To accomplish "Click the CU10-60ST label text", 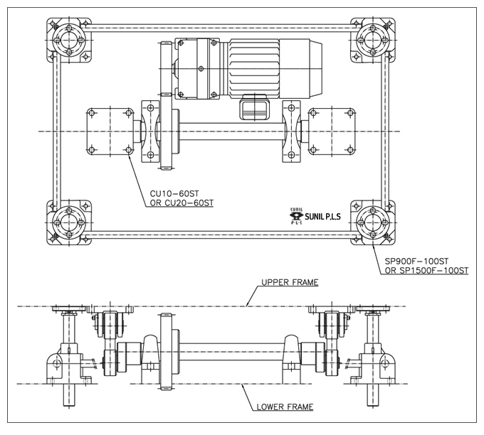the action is click(174, 193).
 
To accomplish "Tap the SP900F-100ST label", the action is click(416, 261).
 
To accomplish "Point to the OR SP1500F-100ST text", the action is click(426, 271).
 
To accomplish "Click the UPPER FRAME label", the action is click(290, 282).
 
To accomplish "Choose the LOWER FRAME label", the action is click(285, 407).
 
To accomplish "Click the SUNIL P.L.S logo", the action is click(315, 216).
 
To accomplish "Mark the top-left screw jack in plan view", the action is click(69, 41).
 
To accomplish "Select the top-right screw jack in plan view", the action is click(373, 41).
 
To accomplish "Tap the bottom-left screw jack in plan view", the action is click(69, 222).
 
